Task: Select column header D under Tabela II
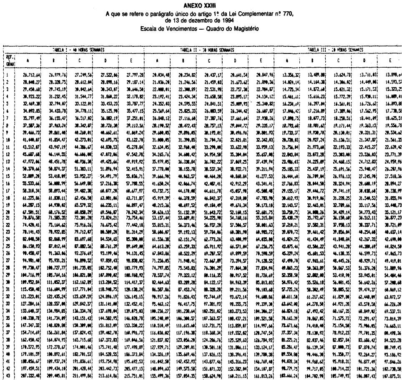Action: coord(236,60)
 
